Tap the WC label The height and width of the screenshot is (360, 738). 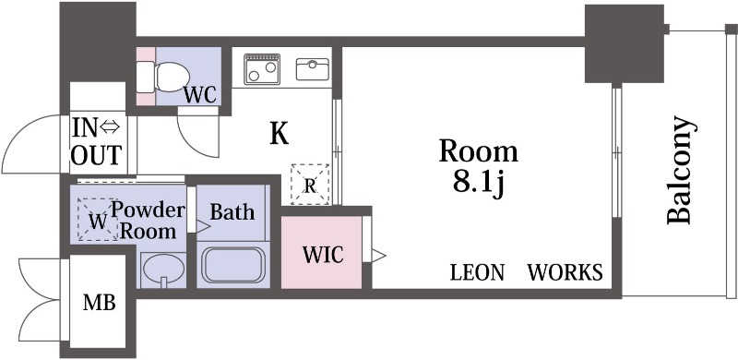[199, 94]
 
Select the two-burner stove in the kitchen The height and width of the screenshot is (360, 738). [262, 68]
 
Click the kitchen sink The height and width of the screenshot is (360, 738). [312, 68]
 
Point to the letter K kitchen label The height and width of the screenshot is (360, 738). [278, 135]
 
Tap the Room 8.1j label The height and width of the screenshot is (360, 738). [477, 166]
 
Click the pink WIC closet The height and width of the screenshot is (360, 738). [320, 252]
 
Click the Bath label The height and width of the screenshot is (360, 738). [232, 211]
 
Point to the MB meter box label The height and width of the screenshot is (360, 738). [99, 303]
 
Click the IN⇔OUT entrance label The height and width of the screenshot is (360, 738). [96, 140]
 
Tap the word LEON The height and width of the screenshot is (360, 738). [477, 272]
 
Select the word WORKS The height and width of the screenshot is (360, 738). [565, 272]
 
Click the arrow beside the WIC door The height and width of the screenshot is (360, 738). [378, 253]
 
